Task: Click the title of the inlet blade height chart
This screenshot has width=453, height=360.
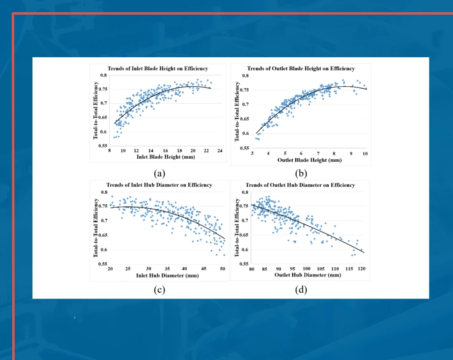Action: click(158, 68)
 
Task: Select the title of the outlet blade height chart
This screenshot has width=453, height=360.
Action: click(300, 68)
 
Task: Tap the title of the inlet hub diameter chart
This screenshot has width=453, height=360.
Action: click(159, 185)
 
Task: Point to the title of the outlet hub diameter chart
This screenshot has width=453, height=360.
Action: click(300, 185)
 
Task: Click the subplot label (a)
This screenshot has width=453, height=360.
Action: click(159, 173)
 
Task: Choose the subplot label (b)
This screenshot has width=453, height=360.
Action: click(301, 173)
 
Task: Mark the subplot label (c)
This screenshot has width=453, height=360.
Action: click(159, 290)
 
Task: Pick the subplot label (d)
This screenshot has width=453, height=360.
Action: click(301, 290)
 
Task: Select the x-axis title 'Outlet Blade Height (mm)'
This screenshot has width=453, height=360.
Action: click(309, 160)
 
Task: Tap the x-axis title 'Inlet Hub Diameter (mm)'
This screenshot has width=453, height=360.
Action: click(167, 276)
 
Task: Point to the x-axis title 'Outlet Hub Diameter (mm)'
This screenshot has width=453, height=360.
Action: click(308, 275)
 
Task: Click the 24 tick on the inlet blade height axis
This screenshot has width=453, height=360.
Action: click(220, 151)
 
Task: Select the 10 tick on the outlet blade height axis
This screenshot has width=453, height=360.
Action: click(365, 154)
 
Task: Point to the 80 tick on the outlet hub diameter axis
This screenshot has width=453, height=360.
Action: click(252, 269)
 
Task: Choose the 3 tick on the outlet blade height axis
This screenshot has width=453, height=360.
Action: click(252, 154)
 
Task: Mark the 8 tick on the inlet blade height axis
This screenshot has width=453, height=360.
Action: click(110, 151)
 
